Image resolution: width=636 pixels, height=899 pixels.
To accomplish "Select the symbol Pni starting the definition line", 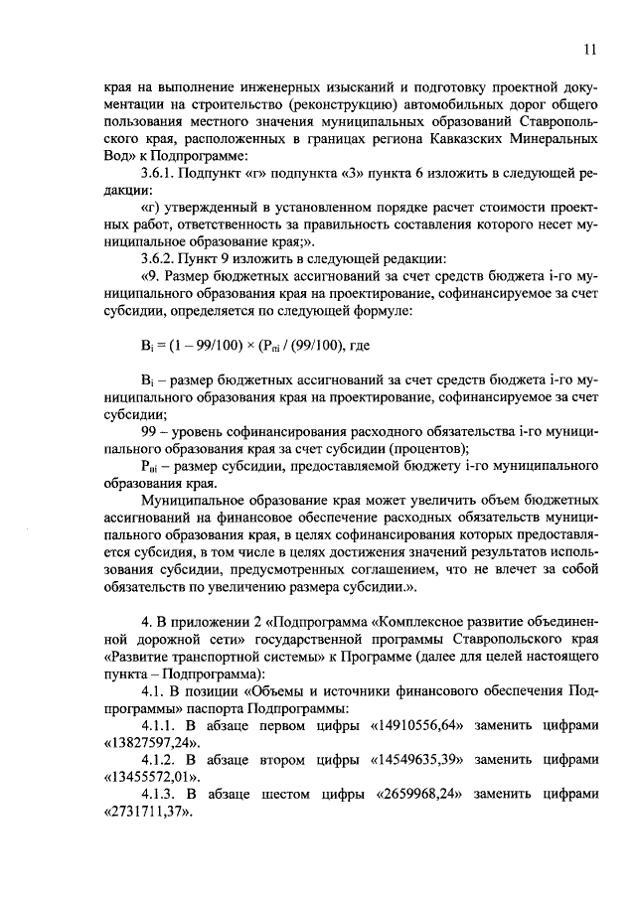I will click(x=151, y=465).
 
